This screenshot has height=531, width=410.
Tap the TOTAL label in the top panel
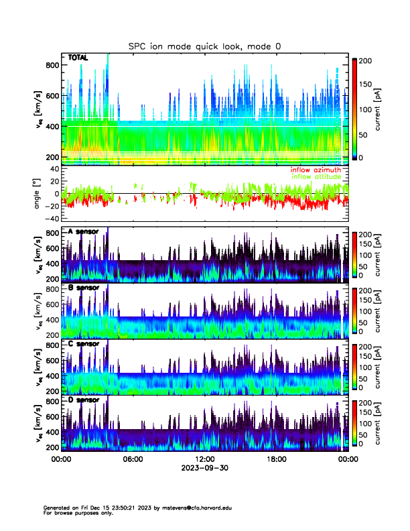[78, 58]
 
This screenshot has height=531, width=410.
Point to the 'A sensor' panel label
[83, 232]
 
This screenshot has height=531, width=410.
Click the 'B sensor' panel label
[83, 288]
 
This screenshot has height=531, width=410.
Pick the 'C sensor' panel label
[83, 344]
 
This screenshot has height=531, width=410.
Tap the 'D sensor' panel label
[83, 400]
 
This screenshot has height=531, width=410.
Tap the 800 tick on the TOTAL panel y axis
[52, 64]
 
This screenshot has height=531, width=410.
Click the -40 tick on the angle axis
[50, 219]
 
